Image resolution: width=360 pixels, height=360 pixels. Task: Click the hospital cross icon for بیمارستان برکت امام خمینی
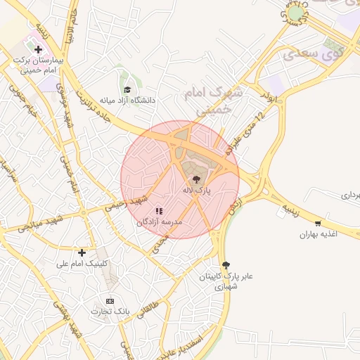click(38, 50)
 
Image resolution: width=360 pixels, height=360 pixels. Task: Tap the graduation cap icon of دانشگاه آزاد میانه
click(127, 89)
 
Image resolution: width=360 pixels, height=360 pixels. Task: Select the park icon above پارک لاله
click(195, 180)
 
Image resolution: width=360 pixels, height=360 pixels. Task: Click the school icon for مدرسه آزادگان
click(159, 210)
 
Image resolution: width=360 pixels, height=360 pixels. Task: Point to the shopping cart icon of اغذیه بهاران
click(318, 224)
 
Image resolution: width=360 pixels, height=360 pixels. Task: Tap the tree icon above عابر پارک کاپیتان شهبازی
click(226, 265)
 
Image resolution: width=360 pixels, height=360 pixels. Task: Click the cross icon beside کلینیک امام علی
click(82, 252)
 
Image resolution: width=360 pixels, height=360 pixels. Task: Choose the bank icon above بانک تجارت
click(109, 300)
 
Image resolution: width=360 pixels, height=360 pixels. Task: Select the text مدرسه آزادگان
click(159, 221)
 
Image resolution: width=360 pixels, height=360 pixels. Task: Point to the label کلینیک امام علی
click(82, 264)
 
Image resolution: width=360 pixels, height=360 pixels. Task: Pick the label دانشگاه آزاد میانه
click(127, 101)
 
